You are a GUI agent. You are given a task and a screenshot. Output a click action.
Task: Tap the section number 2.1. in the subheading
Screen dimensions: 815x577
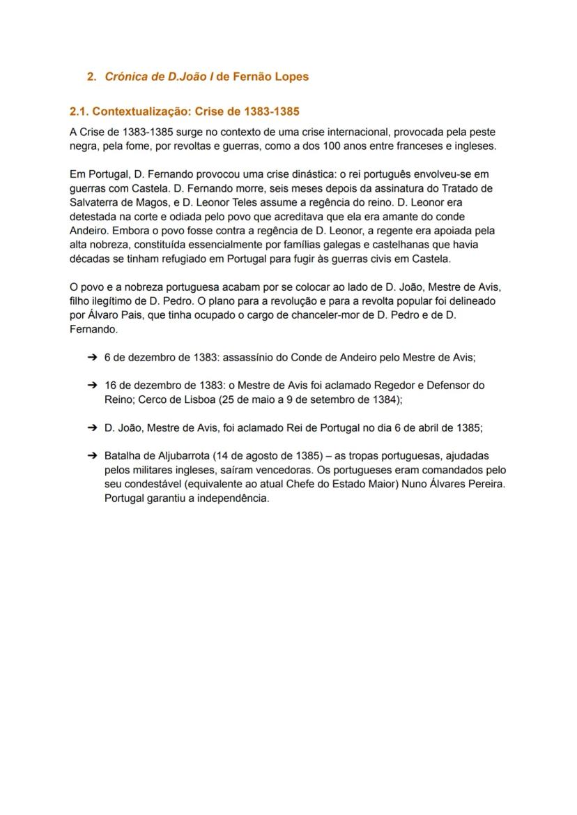click(79, 112)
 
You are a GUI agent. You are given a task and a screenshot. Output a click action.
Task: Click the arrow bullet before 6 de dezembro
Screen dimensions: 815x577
click(92, 357)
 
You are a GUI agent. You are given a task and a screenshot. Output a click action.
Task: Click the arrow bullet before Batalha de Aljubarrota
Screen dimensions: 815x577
click(92, 455)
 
